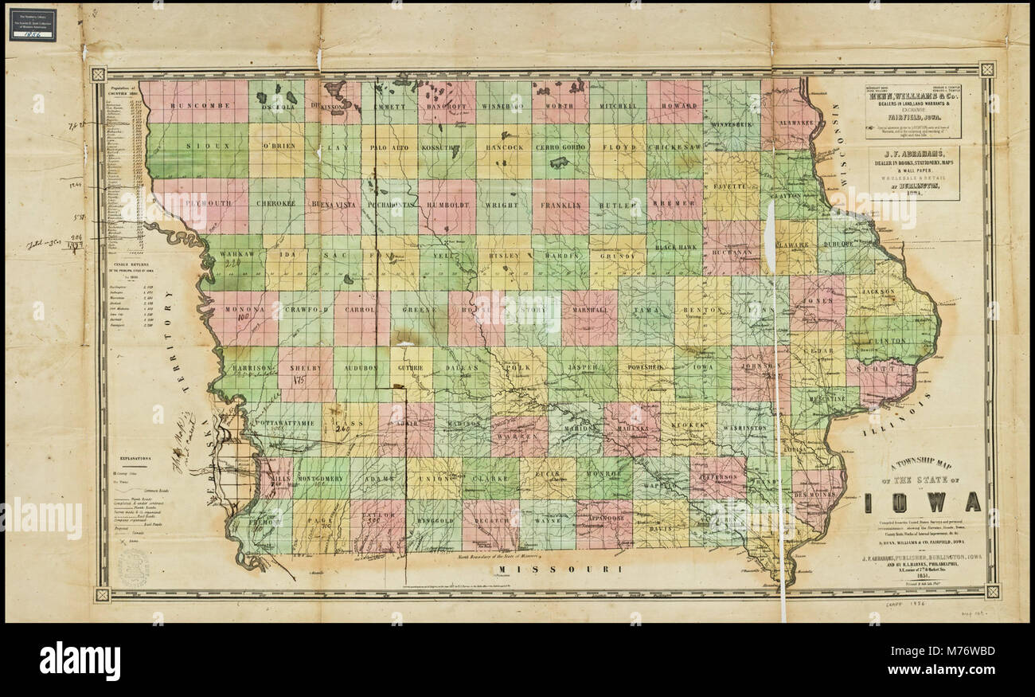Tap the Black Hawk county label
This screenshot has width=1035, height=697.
coord(675,248)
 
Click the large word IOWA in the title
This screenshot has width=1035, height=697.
coord(926,502)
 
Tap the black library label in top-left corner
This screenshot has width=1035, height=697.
coord(33,25)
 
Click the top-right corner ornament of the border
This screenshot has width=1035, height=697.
coord(986,69)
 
